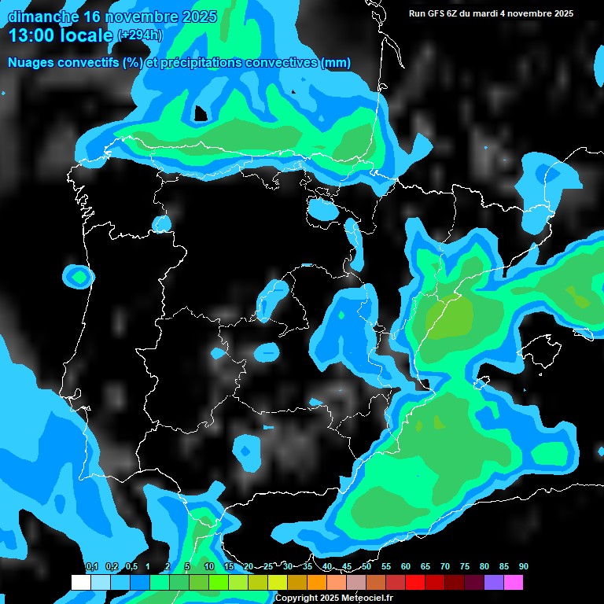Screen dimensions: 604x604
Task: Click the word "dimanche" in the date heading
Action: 43,17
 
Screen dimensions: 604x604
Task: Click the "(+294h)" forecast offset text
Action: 139,35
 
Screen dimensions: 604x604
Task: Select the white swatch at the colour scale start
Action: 80,583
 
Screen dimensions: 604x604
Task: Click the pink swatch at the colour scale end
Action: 514,583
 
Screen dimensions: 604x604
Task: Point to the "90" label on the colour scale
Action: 524,567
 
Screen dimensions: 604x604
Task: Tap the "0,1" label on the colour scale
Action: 92,567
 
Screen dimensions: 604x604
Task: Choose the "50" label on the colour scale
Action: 366,567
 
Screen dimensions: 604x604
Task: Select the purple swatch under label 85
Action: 494,583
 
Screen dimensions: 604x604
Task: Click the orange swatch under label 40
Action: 317,583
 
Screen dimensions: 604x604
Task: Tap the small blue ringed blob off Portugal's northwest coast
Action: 79,277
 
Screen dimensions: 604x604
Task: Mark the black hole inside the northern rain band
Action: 201,114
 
